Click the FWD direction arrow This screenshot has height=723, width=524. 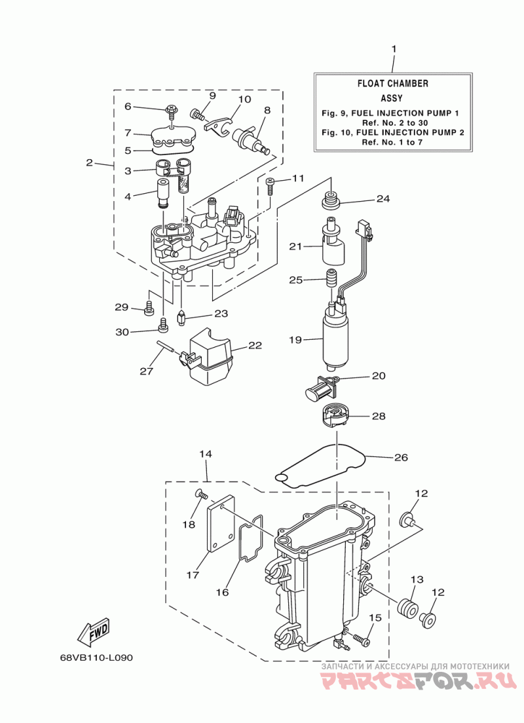[x=94, y=630]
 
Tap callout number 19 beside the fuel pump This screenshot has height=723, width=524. [x=295, y=340]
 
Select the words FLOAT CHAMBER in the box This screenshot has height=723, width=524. [x=393, y=83]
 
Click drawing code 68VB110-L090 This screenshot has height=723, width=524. [x=96, y=657]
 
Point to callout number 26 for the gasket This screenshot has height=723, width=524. [x=401, y=457]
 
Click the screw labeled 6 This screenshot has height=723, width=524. [x=171, y=111]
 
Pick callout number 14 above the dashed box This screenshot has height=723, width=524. [x=206, y=454]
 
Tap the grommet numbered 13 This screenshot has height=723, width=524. [x=407, y=607]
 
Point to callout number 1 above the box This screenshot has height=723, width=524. [x=394, y=48]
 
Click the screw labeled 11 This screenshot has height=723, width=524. [x=271, y=186]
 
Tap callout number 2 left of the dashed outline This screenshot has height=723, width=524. [x=90, y=163]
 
